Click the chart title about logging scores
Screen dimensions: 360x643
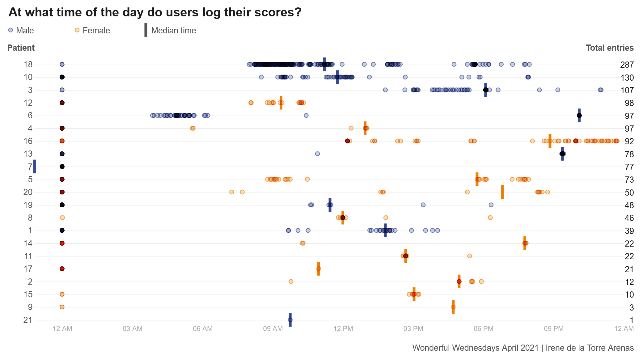coord(155,12)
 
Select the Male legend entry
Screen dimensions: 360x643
coord(21,30)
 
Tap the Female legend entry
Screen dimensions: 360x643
coord(92,30)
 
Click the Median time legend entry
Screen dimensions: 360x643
coord(170,30)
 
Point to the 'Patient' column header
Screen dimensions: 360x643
coord(21,48)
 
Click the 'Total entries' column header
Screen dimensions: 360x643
coord(610,48)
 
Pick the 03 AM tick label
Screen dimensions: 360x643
coord(133,328)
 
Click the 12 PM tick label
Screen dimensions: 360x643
coord(343,328)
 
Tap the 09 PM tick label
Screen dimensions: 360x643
coord(554,328)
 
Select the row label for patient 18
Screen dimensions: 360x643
coord(28,64)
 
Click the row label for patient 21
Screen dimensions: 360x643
coord(28,320)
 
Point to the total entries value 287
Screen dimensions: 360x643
coord(627,65)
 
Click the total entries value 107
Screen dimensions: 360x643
coord(627,90)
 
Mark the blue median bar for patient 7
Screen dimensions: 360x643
coord(35,167)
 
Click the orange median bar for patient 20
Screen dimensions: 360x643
coord(502,192)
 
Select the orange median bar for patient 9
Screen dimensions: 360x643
coord(453,307)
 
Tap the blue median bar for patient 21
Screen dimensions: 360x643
coord(290,320)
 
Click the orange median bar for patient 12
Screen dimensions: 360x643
coord(281,103)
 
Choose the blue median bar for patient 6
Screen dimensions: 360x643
coord(579,115)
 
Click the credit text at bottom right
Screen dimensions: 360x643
coord(523,348)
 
